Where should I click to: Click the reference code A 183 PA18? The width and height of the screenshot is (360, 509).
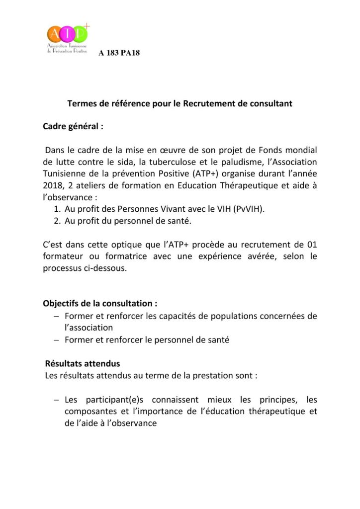point(119,53)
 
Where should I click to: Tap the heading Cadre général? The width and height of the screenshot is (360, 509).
point(73,126)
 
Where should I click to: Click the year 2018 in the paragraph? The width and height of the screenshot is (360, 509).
point(54,186)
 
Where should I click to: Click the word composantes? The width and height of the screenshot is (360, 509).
point(90,412)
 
